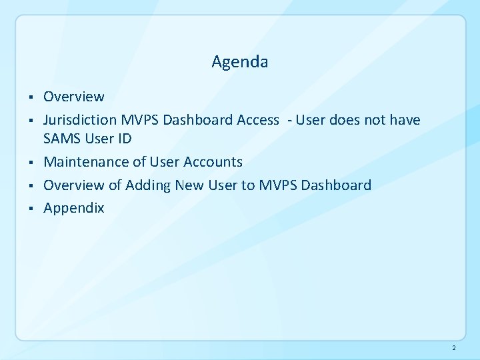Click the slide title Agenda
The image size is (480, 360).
(x=240, y=63)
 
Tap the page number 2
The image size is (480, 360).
(x=453, y=348)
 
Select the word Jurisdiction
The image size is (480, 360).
(x=80, y=120)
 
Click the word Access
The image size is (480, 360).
(x=257, y=120)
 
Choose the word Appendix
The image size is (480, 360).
(x=74, y=208)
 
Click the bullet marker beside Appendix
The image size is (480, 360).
(x=31, y=208)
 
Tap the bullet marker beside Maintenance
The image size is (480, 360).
(x=31, y=162)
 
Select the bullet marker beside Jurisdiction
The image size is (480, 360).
(x=31, y=121)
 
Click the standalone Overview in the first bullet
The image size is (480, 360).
(x=74, y=97)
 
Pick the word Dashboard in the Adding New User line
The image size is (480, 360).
(x=337, y=185)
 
